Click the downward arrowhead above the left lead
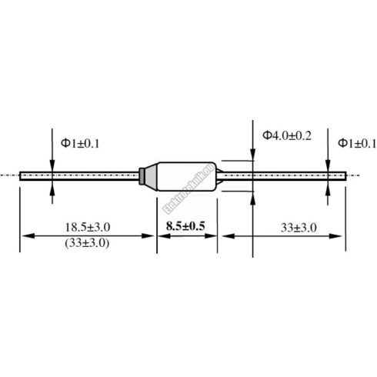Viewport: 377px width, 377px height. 52,166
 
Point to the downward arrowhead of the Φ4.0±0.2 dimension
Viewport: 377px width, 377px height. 252,157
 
